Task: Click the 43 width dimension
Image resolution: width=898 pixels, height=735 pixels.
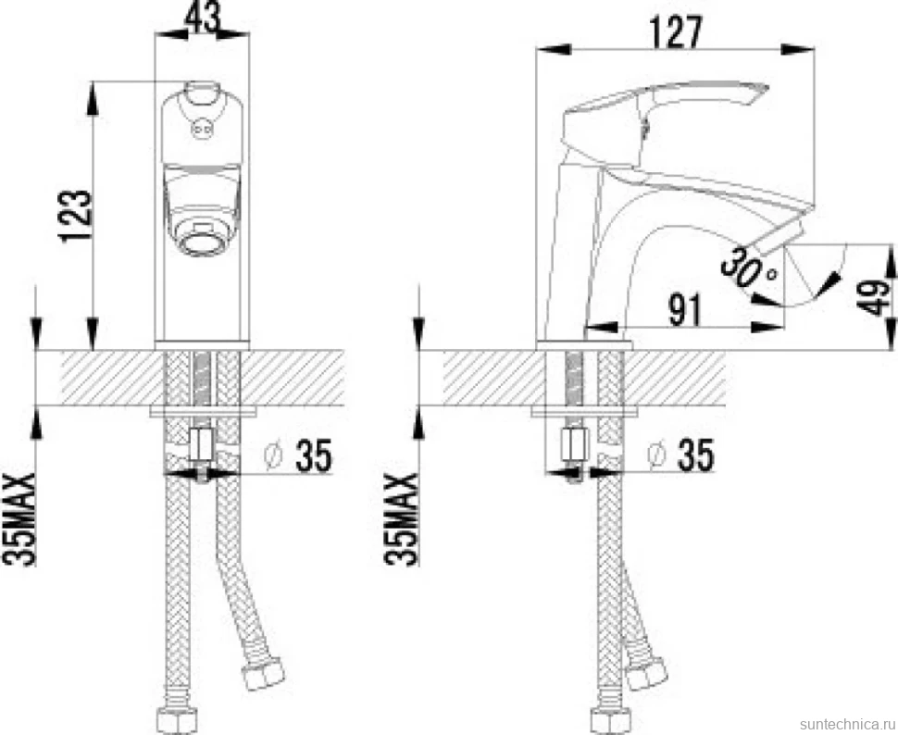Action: tap(203, 18)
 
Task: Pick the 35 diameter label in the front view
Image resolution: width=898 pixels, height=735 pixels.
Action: tap(314, 456)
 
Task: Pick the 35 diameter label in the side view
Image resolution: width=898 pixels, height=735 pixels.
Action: tap(696, 455)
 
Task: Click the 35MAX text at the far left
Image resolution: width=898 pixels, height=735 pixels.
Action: tap(20, 519)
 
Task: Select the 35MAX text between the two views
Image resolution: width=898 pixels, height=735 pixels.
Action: tap(403, 519)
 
